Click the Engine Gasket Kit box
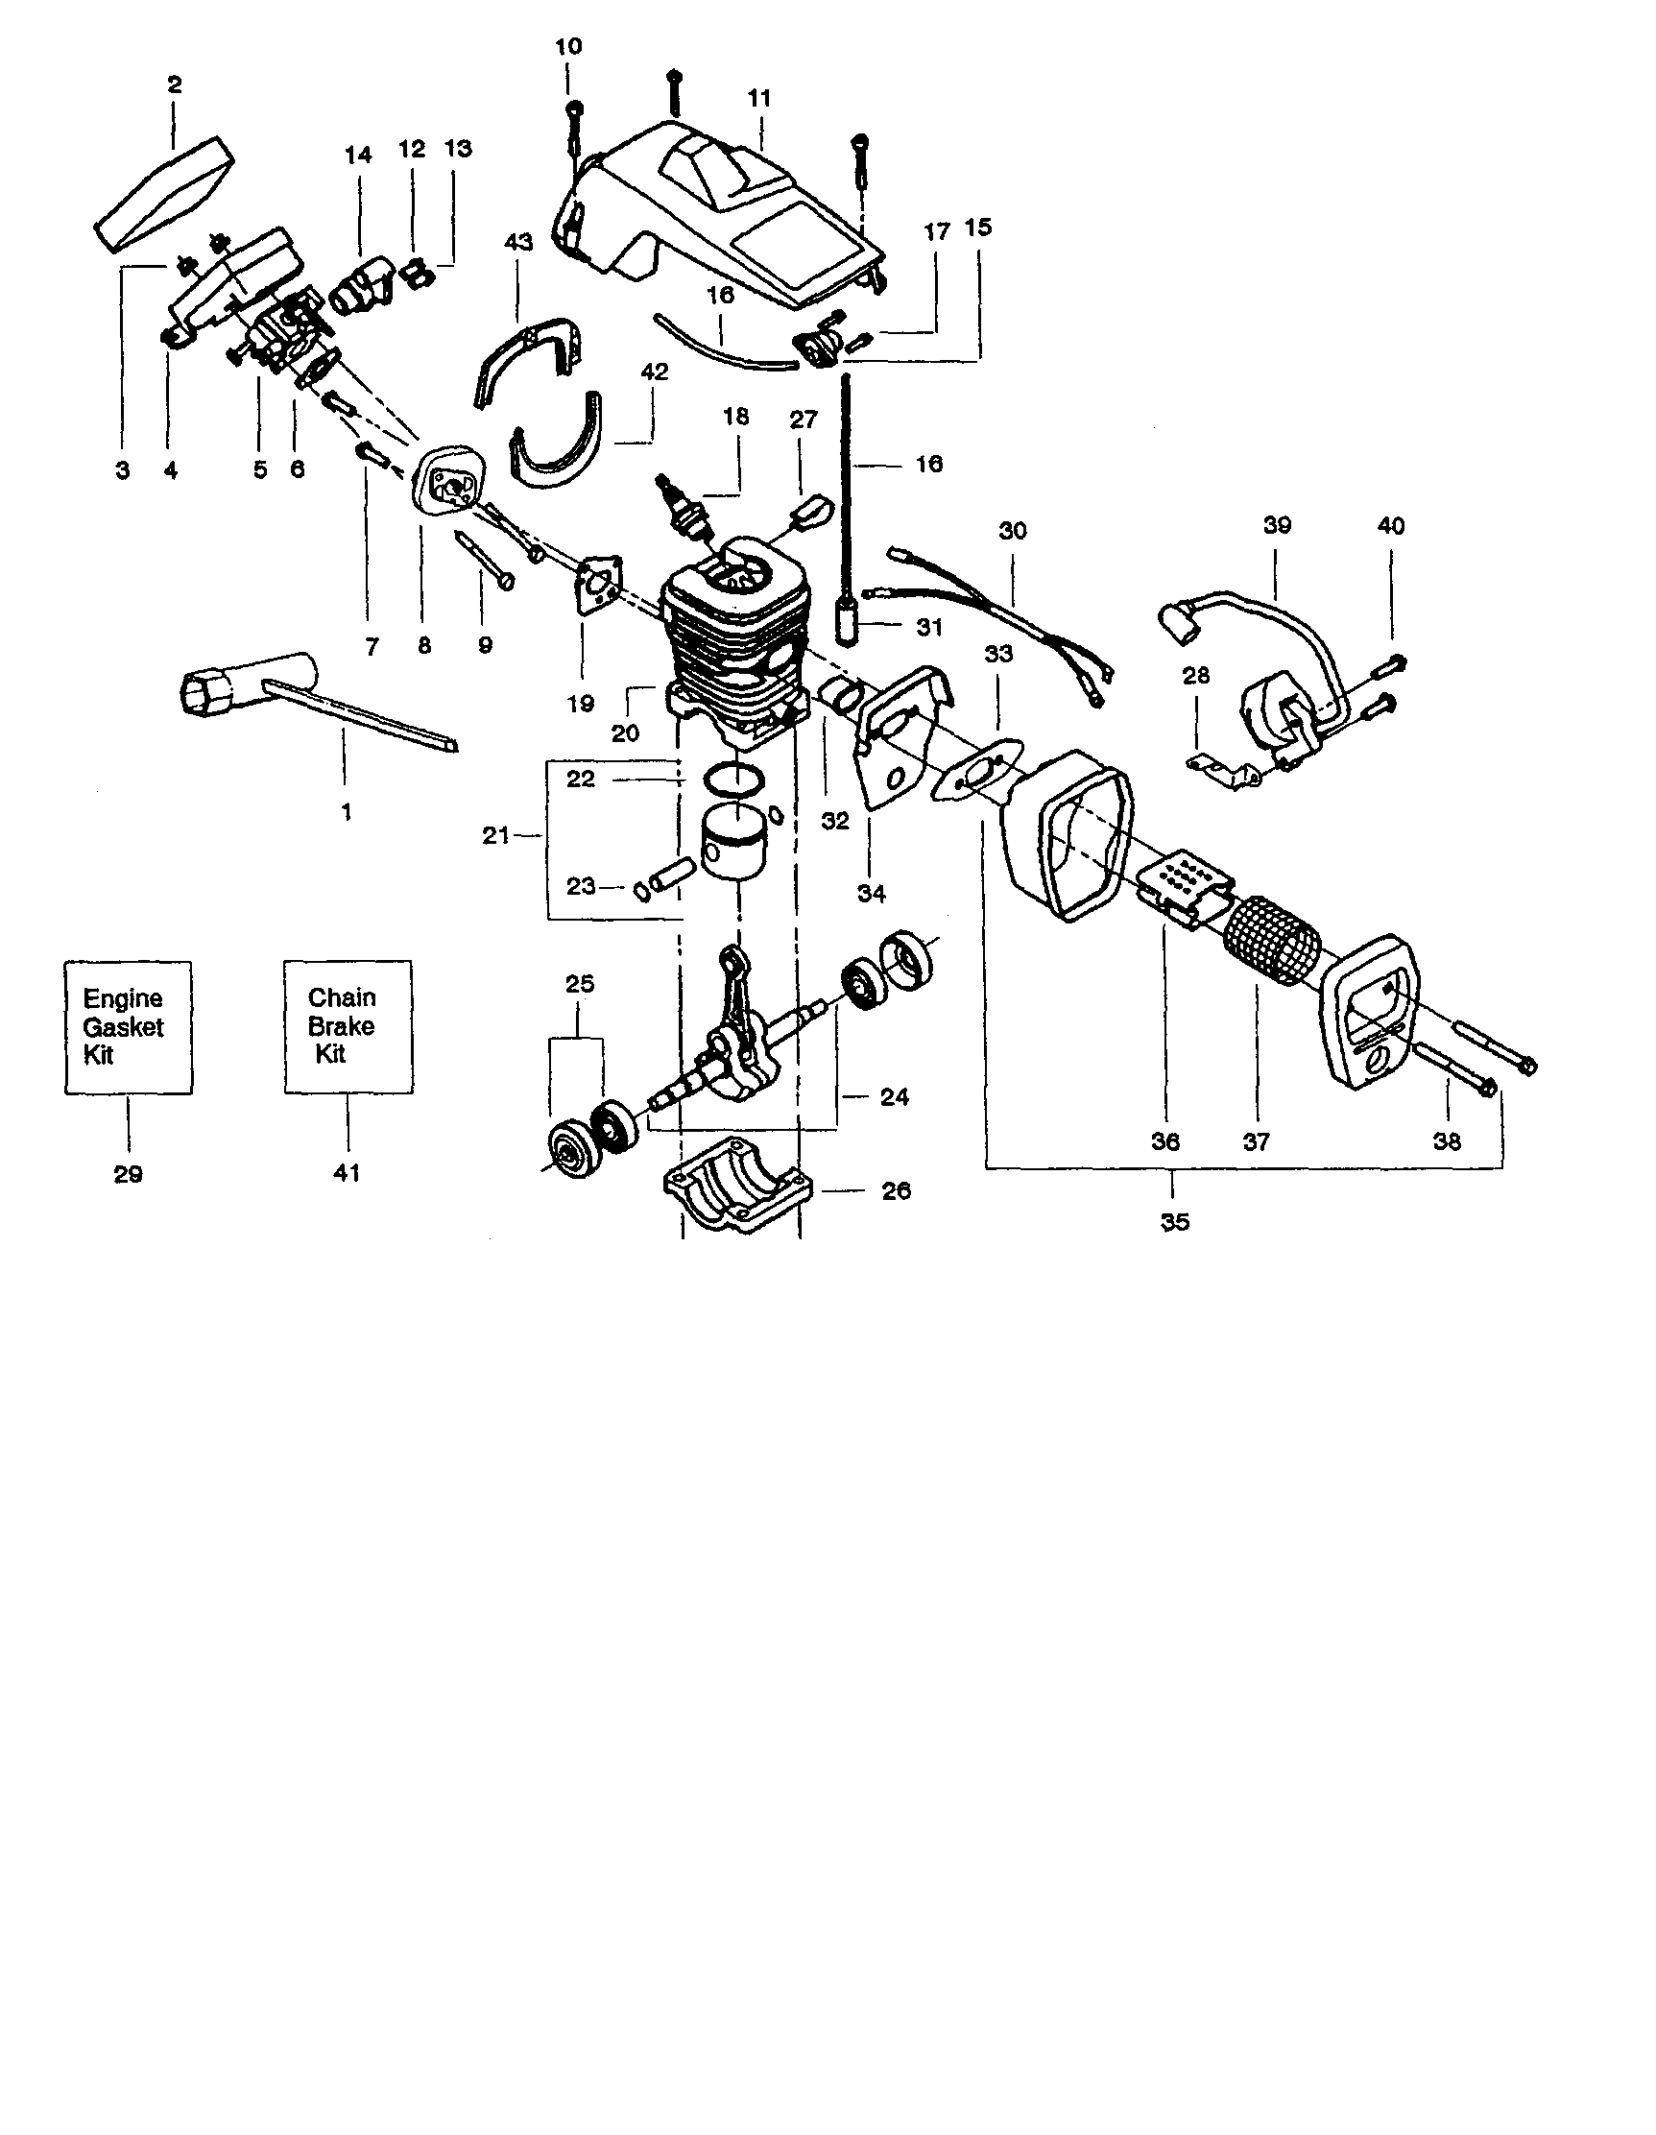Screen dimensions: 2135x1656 click(x=128, y=1025)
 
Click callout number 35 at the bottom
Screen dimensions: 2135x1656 click(x=1174, y=1222)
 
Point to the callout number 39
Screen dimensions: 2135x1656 click(x=1277, y=525)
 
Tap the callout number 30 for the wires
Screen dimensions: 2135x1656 click(x=1013, y=531)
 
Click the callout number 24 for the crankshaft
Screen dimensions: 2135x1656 click(x=894, y=1097)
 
